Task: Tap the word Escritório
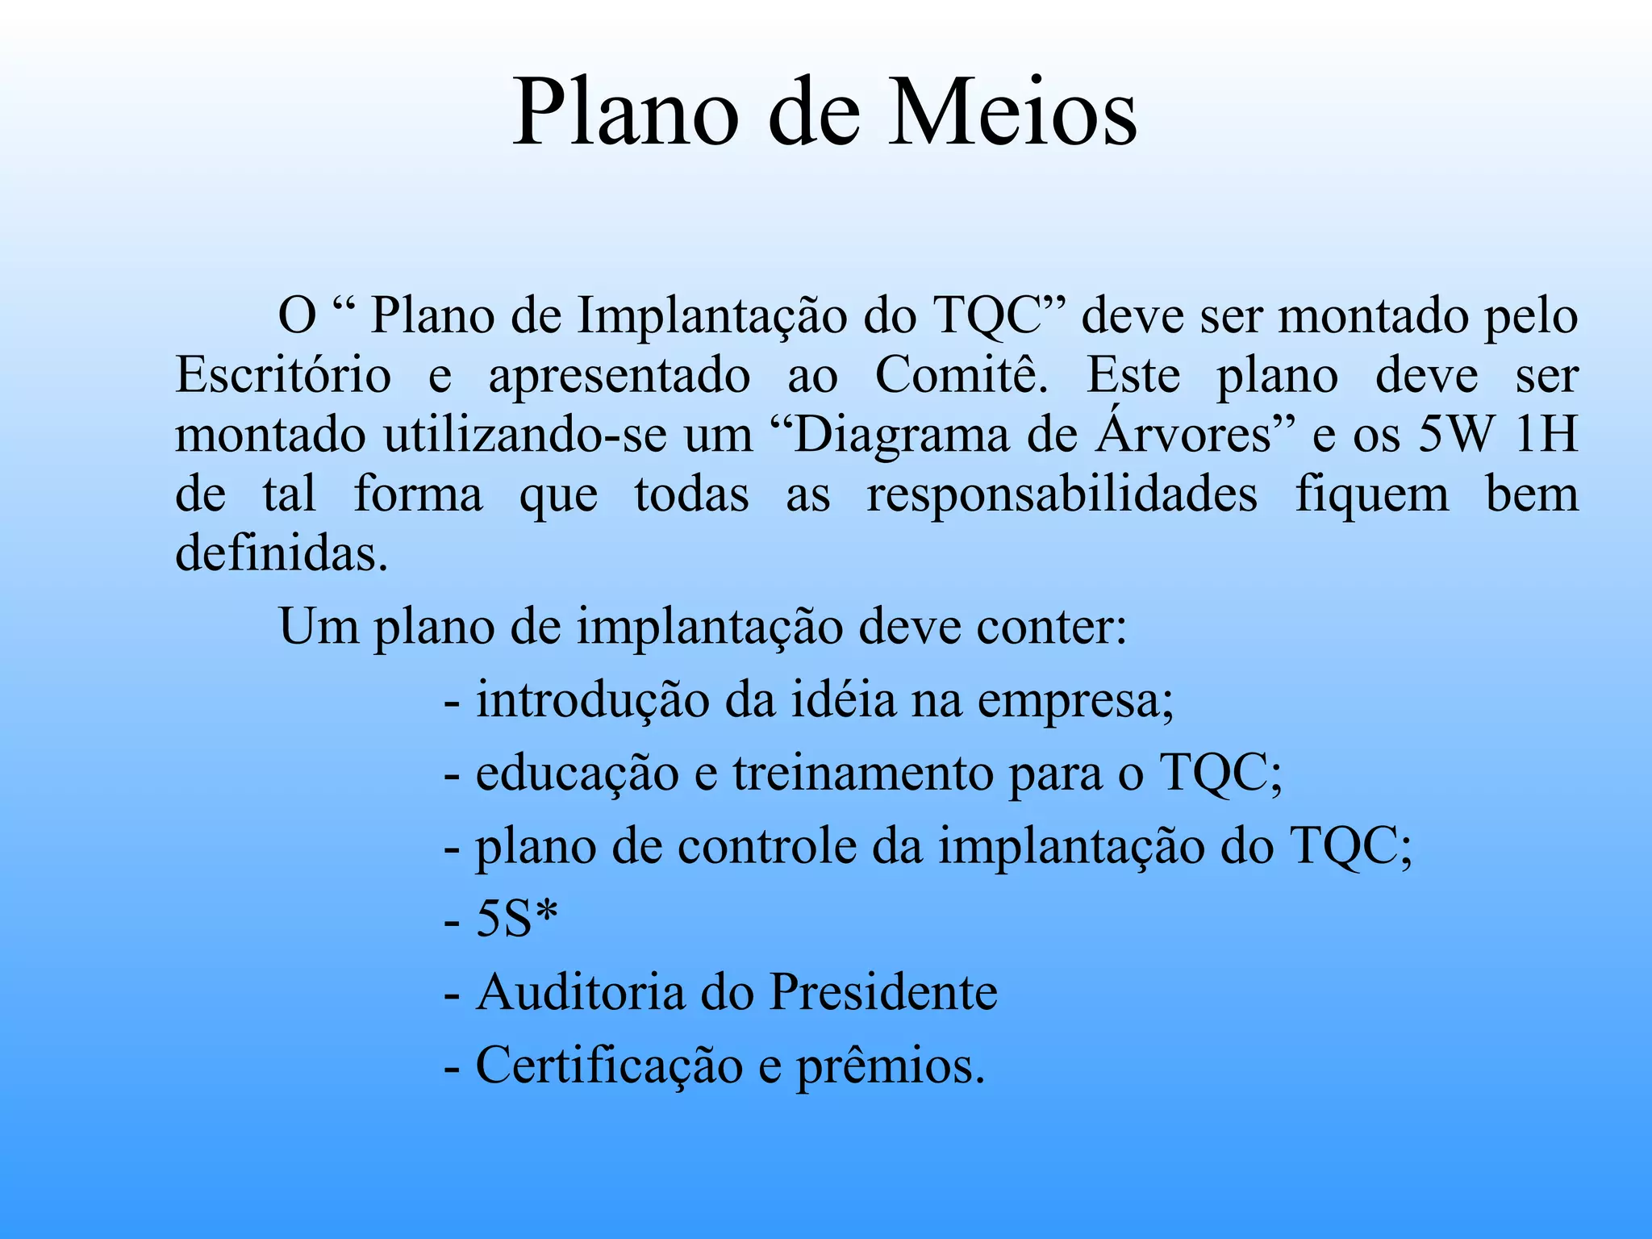(283, 375)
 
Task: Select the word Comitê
(961, 375)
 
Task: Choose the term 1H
(1546, 435)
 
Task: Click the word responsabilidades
(1062, 495)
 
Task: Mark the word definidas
(282, 553)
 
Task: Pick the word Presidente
(883, 991)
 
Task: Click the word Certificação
(609, 1066)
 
